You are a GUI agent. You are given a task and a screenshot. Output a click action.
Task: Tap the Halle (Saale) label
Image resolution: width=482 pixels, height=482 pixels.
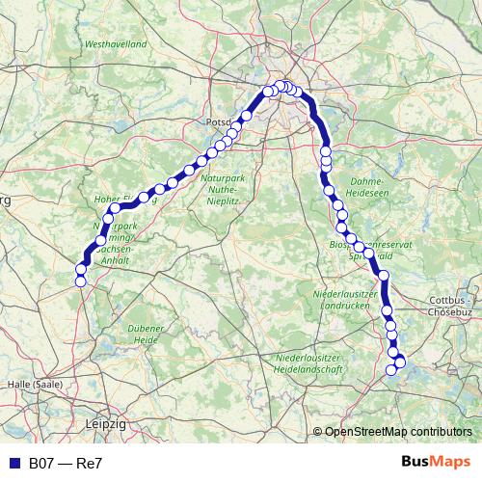coord(34,384)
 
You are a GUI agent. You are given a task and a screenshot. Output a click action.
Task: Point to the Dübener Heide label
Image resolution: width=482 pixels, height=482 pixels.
coord(146,335)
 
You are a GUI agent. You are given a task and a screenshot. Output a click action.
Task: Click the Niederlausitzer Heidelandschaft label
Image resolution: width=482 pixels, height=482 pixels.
coord(309,363)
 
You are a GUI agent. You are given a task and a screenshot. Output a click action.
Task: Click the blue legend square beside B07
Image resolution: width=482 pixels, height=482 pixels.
coord(12,464)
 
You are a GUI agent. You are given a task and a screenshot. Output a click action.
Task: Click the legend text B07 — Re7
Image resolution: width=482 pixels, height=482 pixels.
coord(66,464)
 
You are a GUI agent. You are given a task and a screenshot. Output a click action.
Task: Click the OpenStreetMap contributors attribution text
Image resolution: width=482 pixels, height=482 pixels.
coord(398,433)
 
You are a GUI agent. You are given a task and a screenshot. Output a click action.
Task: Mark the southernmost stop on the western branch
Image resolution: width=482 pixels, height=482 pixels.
coord(80,281)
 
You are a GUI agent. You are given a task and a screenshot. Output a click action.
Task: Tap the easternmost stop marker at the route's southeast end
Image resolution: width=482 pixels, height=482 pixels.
coord(401,362)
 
